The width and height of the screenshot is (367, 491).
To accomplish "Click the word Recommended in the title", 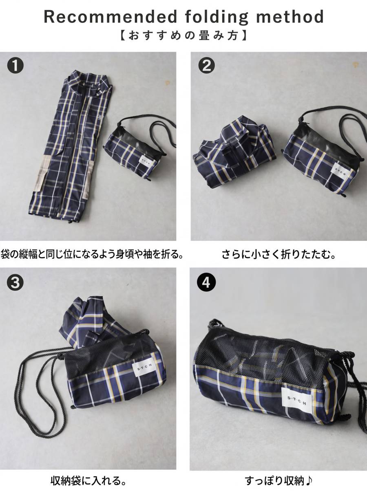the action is tap(111, 17).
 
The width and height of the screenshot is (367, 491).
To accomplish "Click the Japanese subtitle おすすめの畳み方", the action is tap(183, 36).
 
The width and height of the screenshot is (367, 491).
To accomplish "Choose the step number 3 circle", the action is tap(15, 283).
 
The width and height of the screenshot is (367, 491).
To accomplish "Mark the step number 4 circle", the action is tap(206, 283).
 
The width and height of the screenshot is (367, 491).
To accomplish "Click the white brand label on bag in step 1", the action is tap(148, 160).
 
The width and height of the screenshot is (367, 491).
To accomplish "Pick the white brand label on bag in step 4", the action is tap(296, 403).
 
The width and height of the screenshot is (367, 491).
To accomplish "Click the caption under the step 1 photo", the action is tap(92, 255).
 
